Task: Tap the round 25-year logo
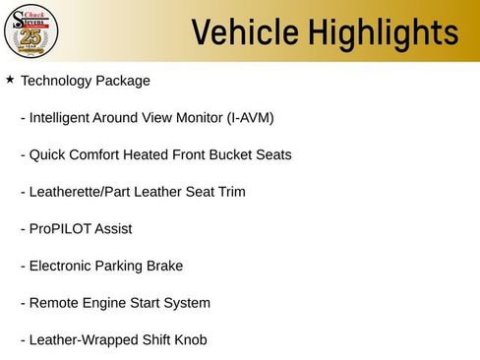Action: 31,31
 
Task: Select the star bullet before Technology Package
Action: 10,79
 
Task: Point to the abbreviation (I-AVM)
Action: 248,118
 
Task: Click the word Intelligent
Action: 65,118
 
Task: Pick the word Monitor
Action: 197,118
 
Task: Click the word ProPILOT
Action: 59,228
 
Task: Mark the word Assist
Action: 112,228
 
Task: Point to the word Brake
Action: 163,266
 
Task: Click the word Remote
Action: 55,303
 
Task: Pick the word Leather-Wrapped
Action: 83,340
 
